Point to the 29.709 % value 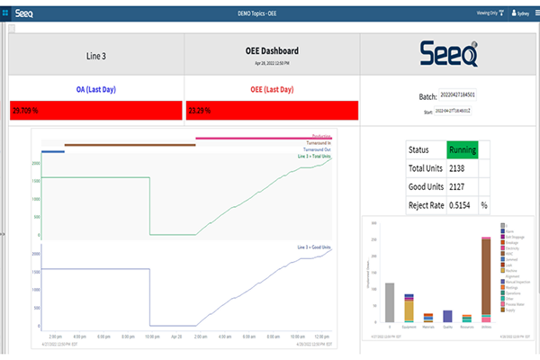[x=31, y=111]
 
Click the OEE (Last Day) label [x=271, y=89]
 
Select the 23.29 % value [x=204, y=111]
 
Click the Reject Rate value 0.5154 [x=462, y=205]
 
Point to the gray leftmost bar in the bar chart [x=389, y=302]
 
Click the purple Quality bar [x=448, y=316]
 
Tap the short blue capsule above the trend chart [x=53, y=151]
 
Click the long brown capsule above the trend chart [x=130, y=144]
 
